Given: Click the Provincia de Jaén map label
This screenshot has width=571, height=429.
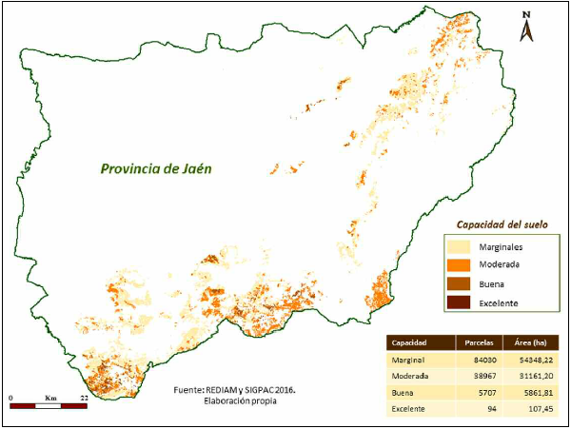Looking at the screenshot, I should [x=157, y=169].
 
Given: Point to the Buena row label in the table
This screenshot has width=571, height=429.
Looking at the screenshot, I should [x=404, y=392].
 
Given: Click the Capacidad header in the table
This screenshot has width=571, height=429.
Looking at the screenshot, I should [x=410, y=342].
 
